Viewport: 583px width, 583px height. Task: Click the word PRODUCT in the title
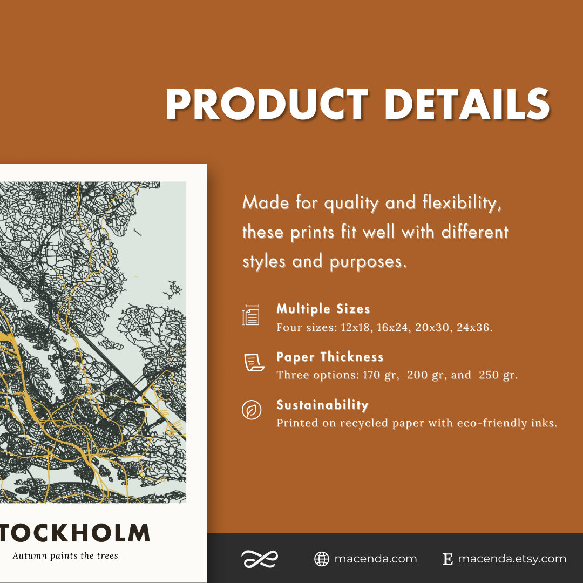coord(267,104)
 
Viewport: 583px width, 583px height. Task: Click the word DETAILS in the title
coord(467,104)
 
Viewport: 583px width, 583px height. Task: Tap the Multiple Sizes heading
coord(323,309)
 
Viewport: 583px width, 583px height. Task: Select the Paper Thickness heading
coord(330,357)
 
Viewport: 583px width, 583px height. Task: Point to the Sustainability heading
coord(322,405)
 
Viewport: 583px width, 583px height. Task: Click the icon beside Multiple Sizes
coord(251,315)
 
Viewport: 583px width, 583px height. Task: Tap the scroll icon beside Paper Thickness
coord(252,363)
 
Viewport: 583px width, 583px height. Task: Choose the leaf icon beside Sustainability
coord(252,410)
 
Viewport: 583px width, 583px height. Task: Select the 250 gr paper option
coord(497,375)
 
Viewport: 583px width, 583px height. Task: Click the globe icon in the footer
coord(322,559)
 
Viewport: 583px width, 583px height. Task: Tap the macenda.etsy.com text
coord(512,559)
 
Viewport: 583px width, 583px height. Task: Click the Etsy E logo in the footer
coord(448,559)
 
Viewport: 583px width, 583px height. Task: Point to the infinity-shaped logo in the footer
coord(260,559)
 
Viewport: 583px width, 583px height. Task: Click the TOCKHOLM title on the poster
coord(74,533)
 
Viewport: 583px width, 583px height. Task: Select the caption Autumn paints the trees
coord(65,555)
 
